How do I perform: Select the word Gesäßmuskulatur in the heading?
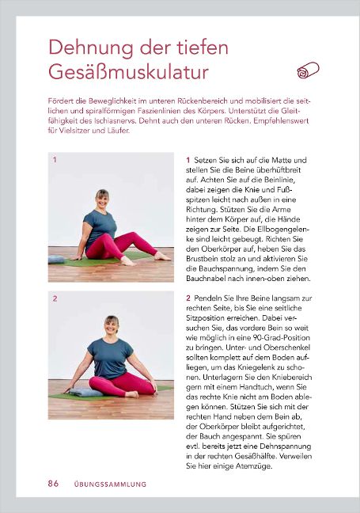tap(128, 72)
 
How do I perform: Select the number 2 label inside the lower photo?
tap(54, 299)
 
